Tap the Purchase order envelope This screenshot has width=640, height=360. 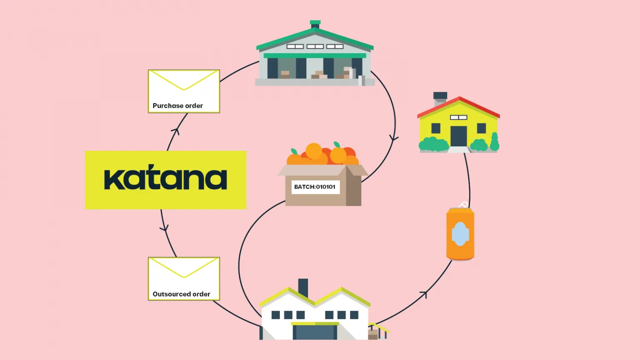[x=184, y=91]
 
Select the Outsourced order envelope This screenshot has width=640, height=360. [x=184, y=279]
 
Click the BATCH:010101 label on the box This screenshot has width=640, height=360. [x=315, y=187]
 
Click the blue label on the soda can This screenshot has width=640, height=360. [x=460, y=234]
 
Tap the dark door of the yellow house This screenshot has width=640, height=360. [x=459, y=136]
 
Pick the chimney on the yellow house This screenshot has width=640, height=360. [x=440, y=99]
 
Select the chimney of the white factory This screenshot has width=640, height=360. [x=303, y=288]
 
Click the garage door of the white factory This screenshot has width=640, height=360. [x=315, y=332]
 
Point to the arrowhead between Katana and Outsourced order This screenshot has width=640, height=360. [x=164, y=228]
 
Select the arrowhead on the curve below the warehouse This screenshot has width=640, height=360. [x=394, y=139]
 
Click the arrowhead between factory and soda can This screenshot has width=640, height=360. [x=424, y=294]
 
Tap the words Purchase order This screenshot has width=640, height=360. [x=178, y=106]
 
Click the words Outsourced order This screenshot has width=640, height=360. [x=181, y=294]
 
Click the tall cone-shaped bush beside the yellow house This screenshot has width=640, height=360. [x=495, y=142]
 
